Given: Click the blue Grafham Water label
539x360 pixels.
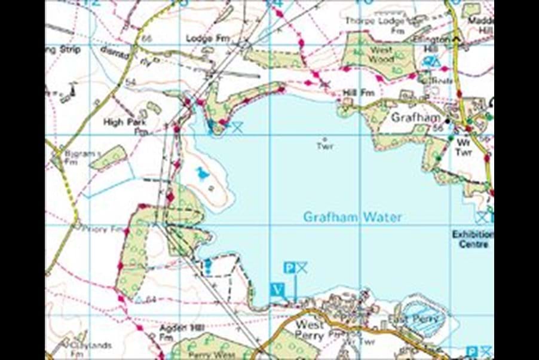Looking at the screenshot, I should click(352, 216).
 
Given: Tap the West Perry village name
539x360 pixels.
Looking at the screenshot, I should click(310, 330).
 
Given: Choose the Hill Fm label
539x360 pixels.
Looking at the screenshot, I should click(359, 93).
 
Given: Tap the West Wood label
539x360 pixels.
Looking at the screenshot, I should click(381, 55).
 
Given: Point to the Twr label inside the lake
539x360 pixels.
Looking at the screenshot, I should click(324, 146).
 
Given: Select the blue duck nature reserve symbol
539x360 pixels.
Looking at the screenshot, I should click(203, 173).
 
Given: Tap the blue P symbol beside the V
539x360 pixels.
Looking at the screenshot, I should click(289, 267).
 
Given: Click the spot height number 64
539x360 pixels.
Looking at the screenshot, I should click(150, 299).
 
